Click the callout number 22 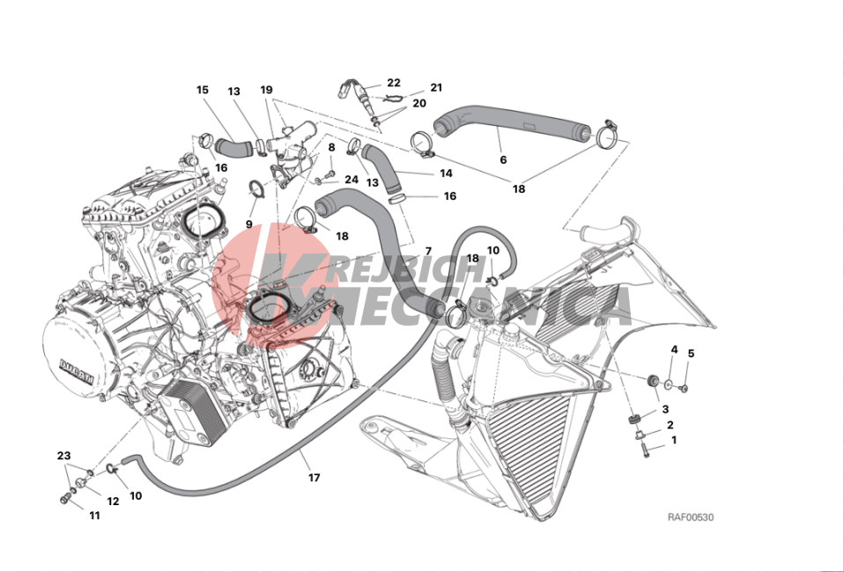pyautogui.click(x=394, y=83)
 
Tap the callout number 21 pyautogui.click(x=436, y=88)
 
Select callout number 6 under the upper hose pyautogui.click(x=503, y=159)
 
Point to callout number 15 pyautogui.click(x=203, y=90)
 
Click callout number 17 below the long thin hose pyautogui.click(x=315, y=477)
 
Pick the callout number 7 pyautogui.click(x=428, y=251)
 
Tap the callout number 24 pyautogui.click(x=352, y=179)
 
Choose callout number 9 pyautogui.click(x=248, y=224)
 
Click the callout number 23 pyautogui.click(x=63, y=456)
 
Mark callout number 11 pyautogui.click(x=95, y=516)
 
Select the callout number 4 pyautogui.click(x=674, y=350)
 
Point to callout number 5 pyautogui.click(x=691, y=354)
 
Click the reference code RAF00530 pyautogui.click(x=691, y=517)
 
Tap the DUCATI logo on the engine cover pyautogui.click(x=77, y=371)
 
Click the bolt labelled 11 pyautogui.click(x=64, y=500)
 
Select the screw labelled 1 pyautogui.click(x=645, y=450)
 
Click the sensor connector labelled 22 pyautogui.click(x=345, y=88)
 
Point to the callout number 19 pyautogui.click(x=266, y=90)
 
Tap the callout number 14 pyautogui.click(x=446, y=173)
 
